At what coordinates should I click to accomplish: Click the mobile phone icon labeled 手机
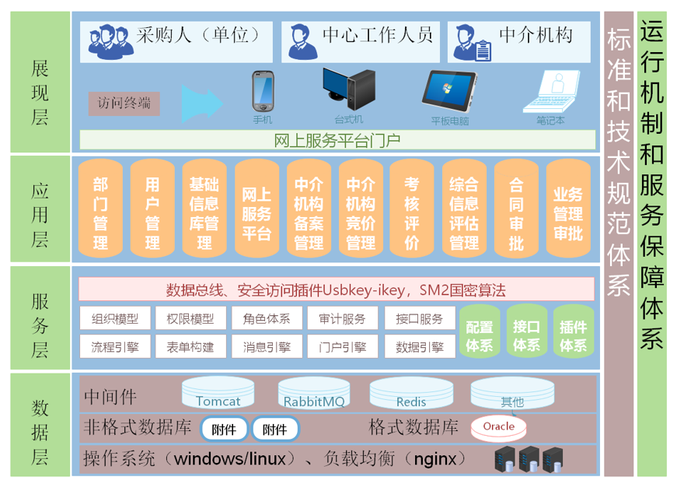[x=262, y=92]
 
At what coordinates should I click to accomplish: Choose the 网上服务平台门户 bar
[x=337, y=141]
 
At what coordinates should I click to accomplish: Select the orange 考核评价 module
[x=412, y=211]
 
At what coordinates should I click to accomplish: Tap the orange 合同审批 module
[x=515, y=211]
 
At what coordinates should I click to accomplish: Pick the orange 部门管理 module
[x=100, y=211]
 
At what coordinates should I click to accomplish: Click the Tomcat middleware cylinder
[x=218, y=394]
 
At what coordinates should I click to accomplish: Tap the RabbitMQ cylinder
[x=313, y=394]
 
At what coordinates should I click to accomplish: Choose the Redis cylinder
[x=410, y=394]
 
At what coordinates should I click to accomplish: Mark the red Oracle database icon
[x=498, y=426]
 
